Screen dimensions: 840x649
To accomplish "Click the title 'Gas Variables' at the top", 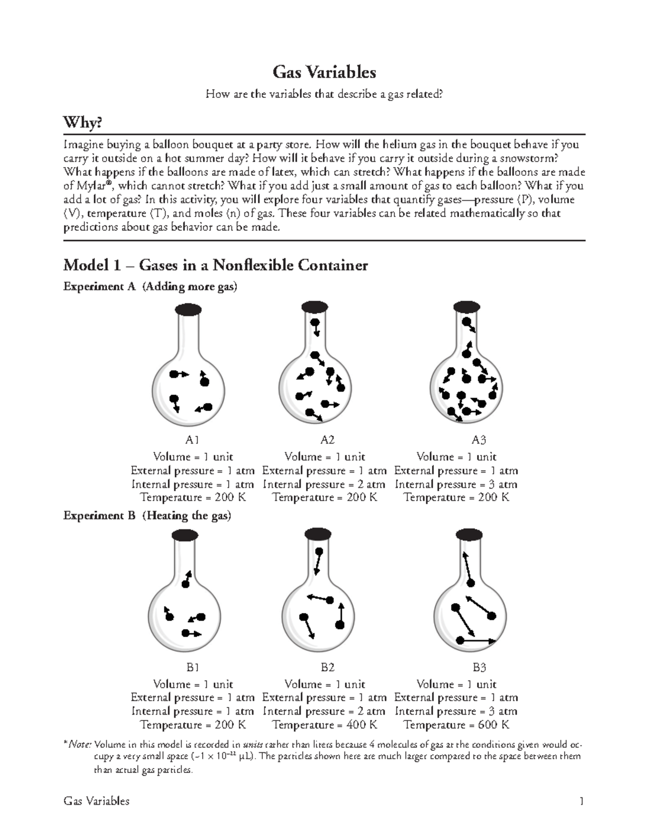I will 324,72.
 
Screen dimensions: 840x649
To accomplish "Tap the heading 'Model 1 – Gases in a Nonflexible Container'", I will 215,265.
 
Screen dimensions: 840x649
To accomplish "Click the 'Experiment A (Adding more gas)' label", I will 150,287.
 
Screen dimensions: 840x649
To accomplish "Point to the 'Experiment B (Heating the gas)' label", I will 147,515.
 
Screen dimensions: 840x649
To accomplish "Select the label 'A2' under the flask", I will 327,440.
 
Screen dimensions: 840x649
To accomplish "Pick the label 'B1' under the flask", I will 193,667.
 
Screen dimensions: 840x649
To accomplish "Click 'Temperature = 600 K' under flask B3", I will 456,725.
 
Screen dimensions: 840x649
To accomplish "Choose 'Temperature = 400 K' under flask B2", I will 325,725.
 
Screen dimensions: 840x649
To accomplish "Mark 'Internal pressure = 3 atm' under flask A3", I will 456,484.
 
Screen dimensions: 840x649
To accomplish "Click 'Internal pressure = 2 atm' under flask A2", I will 325,484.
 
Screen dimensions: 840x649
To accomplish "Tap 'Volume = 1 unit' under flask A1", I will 193,457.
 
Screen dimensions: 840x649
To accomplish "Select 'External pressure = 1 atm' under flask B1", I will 193,698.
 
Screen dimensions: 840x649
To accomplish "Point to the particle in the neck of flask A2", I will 314,323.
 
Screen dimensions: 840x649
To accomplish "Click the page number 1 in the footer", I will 582,801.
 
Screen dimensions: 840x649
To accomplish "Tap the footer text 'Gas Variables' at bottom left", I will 96,801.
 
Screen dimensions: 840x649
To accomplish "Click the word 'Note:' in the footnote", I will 81,743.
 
